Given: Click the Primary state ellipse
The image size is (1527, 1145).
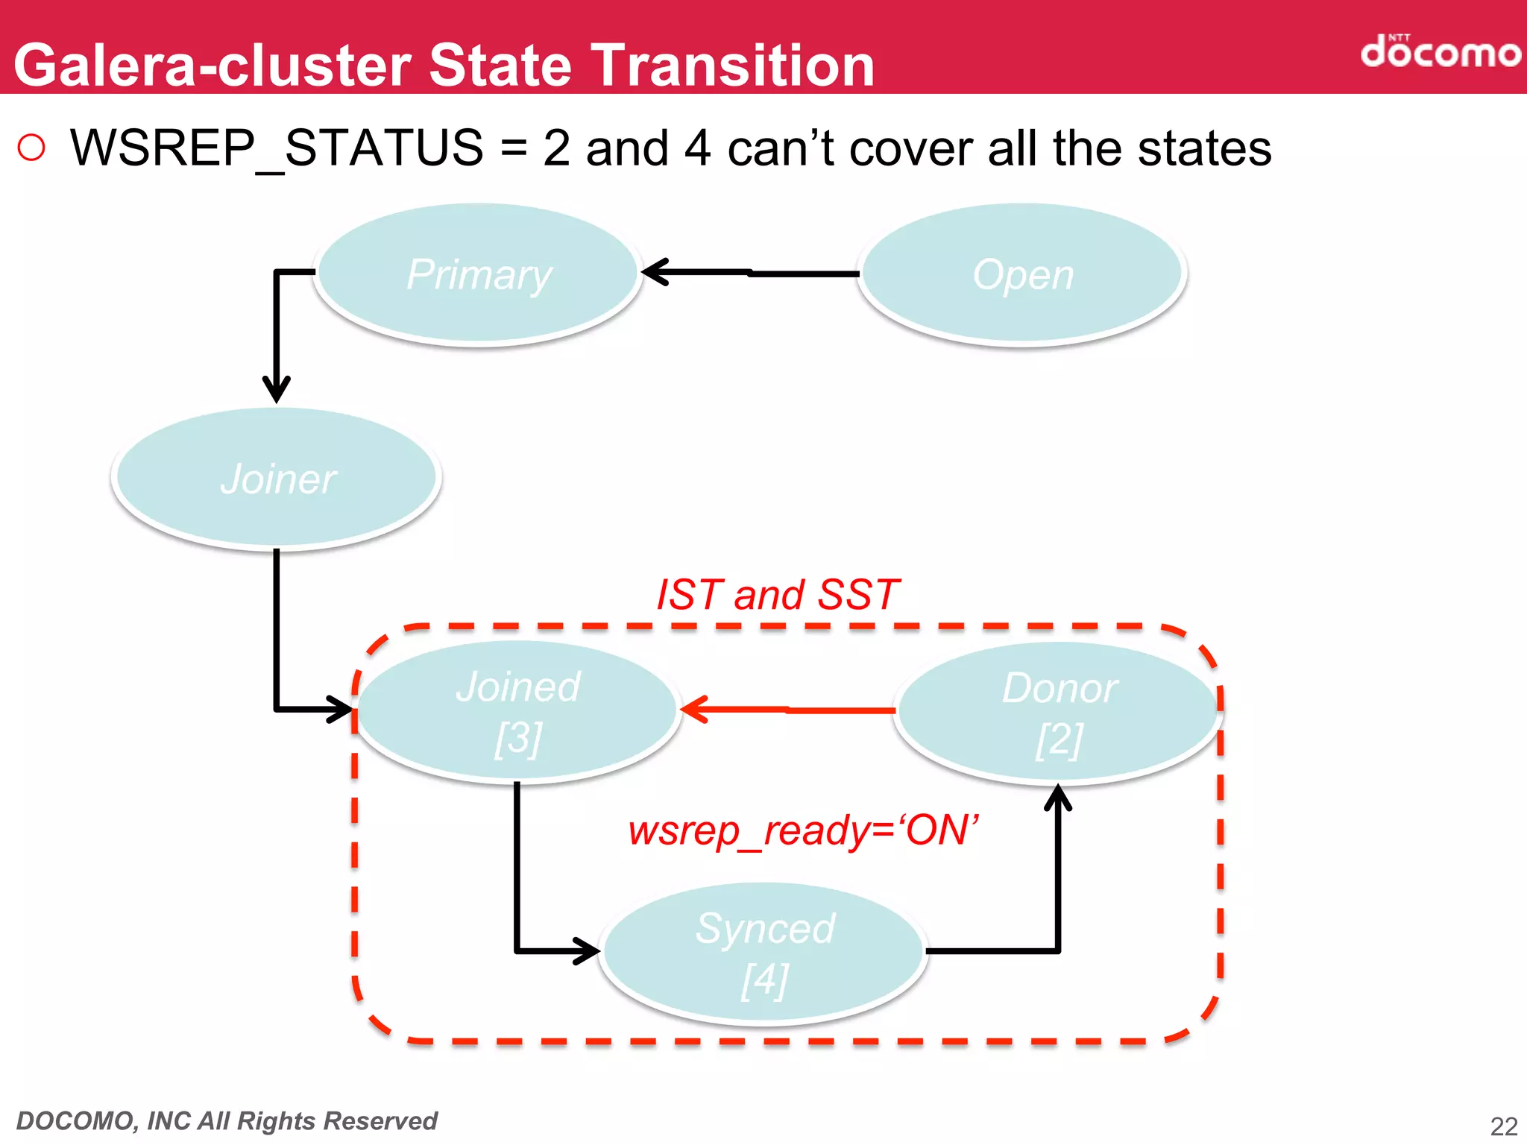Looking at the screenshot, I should (478, 274).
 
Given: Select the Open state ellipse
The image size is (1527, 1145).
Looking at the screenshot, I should (1022, 274).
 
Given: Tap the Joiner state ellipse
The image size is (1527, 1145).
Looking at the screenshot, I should (277, 478).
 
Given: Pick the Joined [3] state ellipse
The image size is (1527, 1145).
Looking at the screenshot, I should (517, 711).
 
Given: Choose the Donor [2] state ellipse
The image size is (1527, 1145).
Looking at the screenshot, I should (1059, 713).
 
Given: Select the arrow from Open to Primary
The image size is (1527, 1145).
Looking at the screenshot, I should (750, 273).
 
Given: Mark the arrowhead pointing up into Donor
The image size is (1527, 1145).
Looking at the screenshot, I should (1058, 798).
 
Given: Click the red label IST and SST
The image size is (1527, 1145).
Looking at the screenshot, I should (778, 595).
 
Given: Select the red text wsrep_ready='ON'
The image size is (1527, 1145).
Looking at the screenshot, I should (803, 830).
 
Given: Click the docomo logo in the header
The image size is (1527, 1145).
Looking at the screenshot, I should (1440, 51).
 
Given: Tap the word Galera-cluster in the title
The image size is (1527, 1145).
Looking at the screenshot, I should (213, 65).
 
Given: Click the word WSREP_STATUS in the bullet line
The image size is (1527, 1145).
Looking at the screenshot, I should (277, 148).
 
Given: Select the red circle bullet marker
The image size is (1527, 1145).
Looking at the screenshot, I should (31, 148).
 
